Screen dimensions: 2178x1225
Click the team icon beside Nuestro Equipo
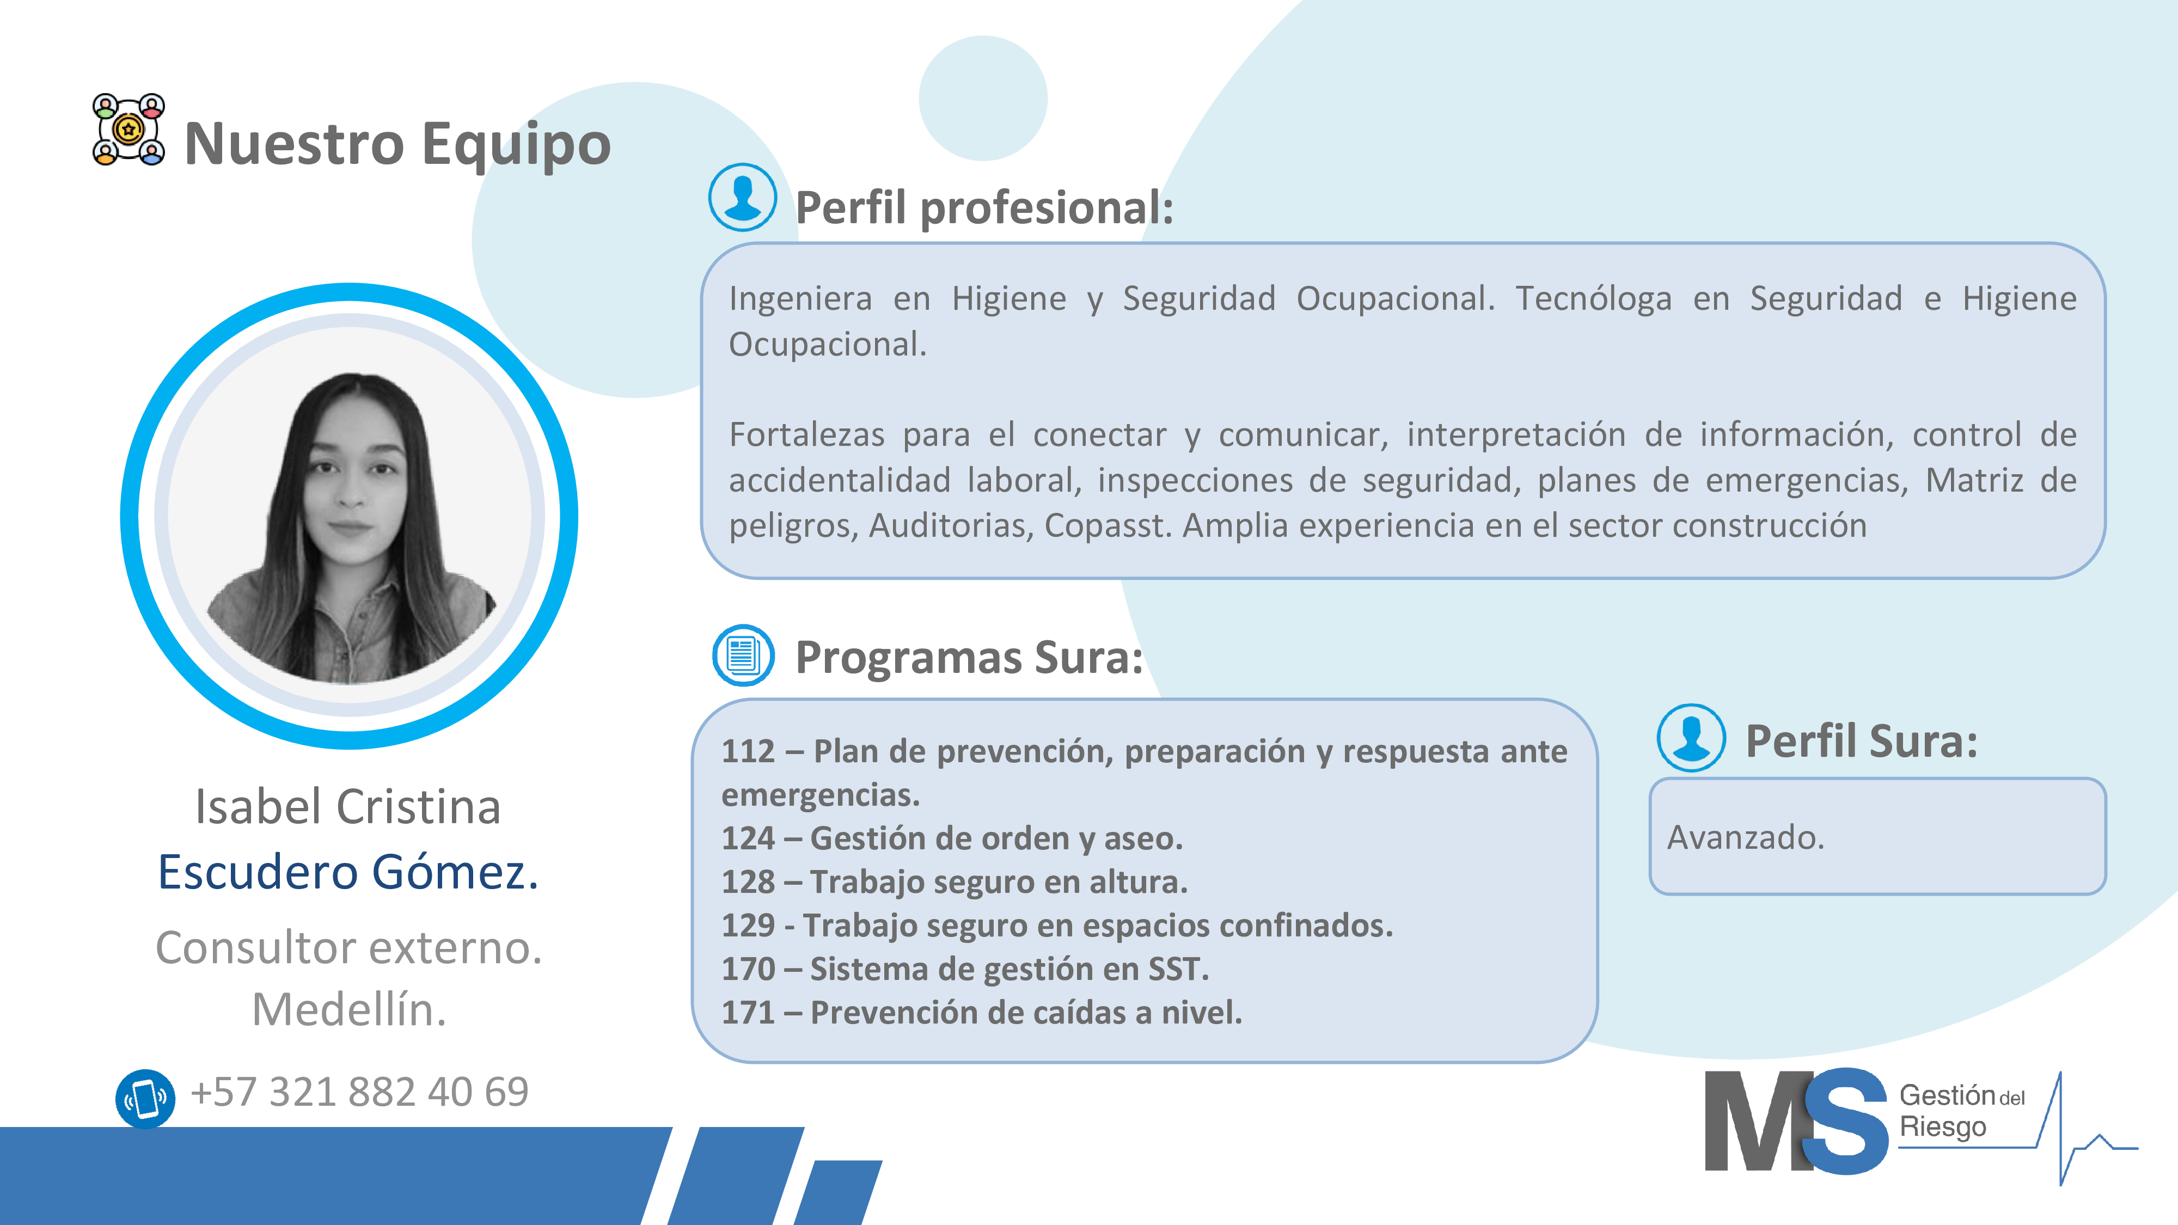click(129, 130)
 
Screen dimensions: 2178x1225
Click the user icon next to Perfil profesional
click(742, 197)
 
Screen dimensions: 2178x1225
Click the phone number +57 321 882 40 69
click(359, 1092)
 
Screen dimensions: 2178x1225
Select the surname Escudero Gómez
click(348, 872)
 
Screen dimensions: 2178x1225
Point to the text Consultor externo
click(348, 947)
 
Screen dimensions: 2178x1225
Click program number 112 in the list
click(748, 751)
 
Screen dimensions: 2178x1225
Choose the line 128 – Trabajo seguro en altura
click(955, 882)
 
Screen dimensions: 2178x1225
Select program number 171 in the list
click(748, 1012)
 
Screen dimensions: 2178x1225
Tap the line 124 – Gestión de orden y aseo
click(952, 838)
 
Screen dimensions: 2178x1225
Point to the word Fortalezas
click(806, 434)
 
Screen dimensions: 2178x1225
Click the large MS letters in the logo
click(1796, 1121)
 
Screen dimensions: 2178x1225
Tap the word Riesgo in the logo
click(1943, 1128)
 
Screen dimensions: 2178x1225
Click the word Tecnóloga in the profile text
click(1593, 298)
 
